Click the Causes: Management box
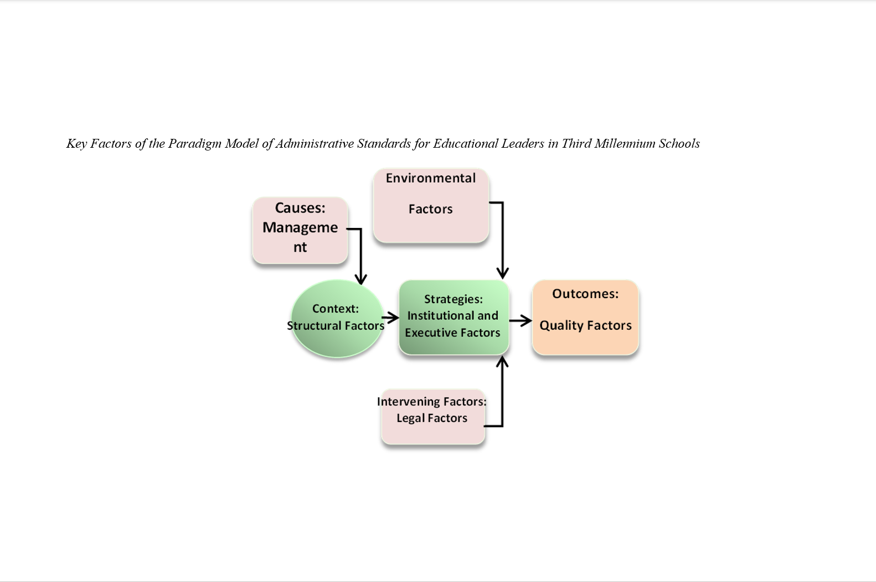[x=300, y=230]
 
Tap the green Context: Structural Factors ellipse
[x=337, y=319]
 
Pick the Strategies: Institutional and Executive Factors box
[x=454, y=317]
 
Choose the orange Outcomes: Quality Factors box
[x=585, y=317]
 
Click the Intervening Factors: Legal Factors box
[x=433, y=416]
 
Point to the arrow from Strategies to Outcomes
[x=521, y=320]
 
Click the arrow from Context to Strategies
[x=391, y=318]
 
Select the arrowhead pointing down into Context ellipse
[x=361, y=278]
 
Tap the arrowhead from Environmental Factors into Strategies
[x=503, y=272]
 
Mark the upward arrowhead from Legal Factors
[x=502, y=363]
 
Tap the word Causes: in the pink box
[x=300, y=208]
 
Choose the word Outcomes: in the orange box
[x=585, y=294]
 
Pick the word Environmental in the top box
[x=431, y=178]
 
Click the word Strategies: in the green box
[x=454, y=299]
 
